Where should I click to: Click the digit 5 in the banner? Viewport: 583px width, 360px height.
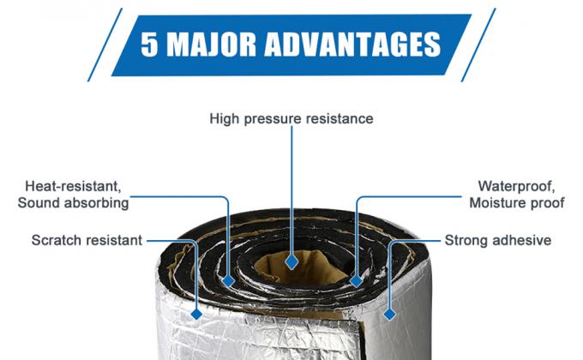tap(149, 45)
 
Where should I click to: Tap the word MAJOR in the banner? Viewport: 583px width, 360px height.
tap(211, 45)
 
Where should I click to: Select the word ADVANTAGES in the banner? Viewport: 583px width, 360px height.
tap(352, 45)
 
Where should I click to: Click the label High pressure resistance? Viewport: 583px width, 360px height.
tap(291, 118)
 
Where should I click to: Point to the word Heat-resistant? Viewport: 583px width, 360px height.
tap(73, 186)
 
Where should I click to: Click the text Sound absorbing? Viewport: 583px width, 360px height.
tap(73, 203)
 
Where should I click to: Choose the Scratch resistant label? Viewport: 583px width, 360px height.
tap(87, 240)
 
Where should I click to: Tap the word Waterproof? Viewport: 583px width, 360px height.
tap(516, 186)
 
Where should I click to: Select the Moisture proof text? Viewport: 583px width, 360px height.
tap(517, 203)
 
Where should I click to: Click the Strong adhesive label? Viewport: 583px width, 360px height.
tap(498, 240)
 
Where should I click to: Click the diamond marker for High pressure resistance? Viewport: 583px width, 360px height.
tap(291, 261)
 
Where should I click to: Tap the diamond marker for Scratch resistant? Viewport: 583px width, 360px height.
tap(196, 315)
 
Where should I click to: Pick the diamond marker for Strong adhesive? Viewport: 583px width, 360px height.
tap(389, 315)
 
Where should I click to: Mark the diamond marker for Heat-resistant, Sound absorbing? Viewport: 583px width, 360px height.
tap(228, 281)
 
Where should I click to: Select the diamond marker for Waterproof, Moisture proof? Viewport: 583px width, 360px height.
tap(356, 281)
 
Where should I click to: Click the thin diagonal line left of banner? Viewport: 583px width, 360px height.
tap(105, 45)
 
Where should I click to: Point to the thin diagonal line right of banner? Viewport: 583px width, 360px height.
tap(478, 45)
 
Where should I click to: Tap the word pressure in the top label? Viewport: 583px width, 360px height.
tap(272, 119)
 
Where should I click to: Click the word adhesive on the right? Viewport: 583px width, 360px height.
tap(523, 240)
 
